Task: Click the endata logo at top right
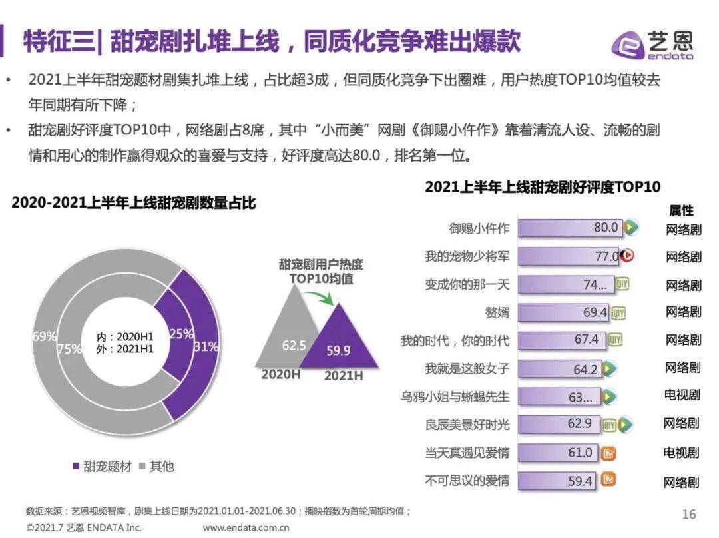(652, 45)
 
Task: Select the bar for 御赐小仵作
(570, 228)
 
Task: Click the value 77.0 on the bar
(606, 256)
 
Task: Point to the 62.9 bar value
(579, 424)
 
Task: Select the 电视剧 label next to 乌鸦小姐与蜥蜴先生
(682, 395)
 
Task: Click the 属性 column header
(681, 210)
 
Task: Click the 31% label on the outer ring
(206, 346)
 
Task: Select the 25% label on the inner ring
(180, 334)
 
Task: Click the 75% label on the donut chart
(69, 349)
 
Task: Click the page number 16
(688, 514)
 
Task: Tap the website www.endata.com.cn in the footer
(246, 528)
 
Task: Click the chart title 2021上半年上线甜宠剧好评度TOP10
(543, 187)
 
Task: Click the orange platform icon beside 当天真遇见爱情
(608, 453)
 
